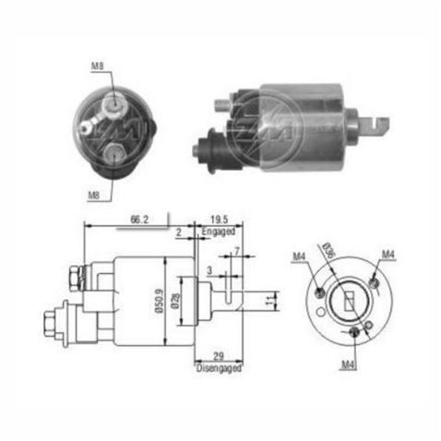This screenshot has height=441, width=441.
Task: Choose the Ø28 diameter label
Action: coord(184,304)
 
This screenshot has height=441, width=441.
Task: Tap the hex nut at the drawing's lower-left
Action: coord(52,324)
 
